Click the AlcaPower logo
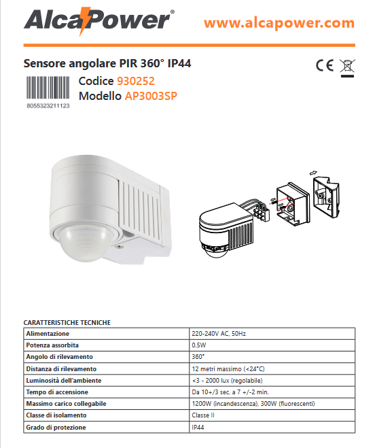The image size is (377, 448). [x=99, y=21]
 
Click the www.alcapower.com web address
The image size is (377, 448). [x=279, y=23]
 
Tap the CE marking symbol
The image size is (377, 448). [x=325, y=65]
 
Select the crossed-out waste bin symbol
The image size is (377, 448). [x=347, y=68]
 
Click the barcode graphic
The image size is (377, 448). [x=48, y=88]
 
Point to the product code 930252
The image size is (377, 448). [x=136, y=81]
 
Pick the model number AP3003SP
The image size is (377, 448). [x=151, y=96]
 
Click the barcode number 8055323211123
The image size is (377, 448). [x=48, y=106]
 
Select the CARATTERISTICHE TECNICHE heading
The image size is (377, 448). [x=67, y=322]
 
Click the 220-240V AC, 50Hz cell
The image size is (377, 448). [x=272, y=334]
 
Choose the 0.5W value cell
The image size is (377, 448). [x=272, y=345]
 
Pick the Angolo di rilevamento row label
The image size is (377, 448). [x=59, y=357]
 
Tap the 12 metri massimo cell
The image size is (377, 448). [x=272, y=369]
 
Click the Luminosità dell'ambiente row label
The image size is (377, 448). [x=64, y=381]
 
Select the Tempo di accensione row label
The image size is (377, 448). [x=57, y=392]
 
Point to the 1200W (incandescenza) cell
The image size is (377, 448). [x=272, y=404]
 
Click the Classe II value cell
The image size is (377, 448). [x=272, y=415]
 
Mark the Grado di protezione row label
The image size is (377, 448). [x=56, y=428]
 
